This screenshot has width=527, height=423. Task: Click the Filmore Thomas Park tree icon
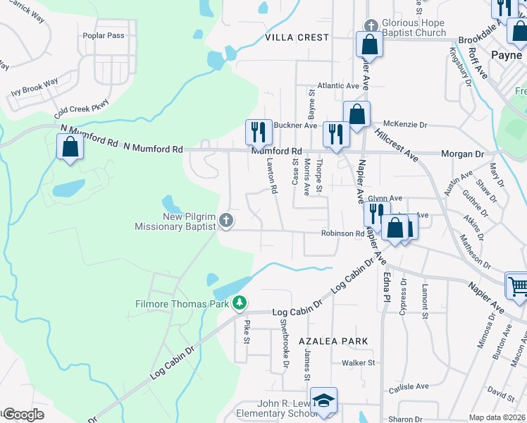pyautogui.click(x=240, y=302)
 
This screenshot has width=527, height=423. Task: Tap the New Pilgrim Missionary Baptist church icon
pyautogui.click(x=226, y=221)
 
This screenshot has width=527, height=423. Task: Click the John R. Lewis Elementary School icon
pyautogui.click(x=323, y=400)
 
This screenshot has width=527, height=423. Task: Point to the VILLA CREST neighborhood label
pyautogui.click(x=297, y=37)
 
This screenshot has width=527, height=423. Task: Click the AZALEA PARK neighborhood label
pyautogui.click(x=333, y=341)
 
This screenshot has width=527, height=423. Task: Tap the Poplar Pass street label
pyautogui.click(x=103, y=35)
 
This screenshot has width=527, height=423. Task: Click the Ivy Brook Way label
pyautogui.click(x=35, y=87)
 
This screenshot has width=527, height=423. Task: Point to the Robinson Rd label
pyautogui.click(x=342, y=233)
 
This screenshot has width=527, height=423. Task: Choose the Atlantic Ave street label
pyautogui.click(x=338, y=86)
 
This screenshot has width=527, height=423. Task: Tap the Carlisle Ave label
pyautogui.click(x=409, y=386)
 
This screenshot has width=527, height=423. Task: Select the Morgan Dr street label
pyautogui.click(x=462, y=154)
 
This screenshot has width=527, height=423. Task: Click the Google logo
pyautogui.click(x=23, y=415)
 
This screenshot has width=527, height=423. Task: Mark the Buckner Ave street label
pyautogui.click(x=295, y=125)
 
